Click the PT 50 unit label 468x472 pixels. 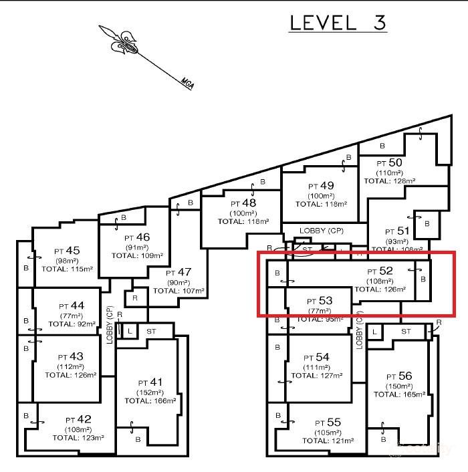pos(389,162)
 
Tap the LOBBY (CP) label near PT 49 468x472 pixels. pos(322,230)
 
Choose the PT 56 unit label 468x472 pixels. pos(400,376)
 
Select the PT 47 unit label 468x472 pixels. pos(179,273)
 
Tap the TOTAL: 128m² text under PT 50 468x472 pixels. pos(389,181)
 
